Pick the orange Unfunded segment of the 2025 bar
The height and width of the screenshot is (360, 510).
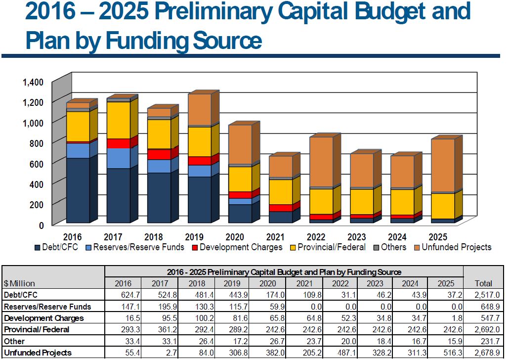click(x=442, y=165)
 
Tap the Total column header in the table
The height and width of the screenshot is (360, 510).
click(x=483, y=283)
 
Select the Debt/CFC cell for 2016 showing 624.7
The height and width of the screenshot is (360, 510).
click(x=123, y=295)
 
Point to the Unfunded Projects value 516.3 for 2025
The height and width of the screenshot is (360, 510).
click(x=444, y=353)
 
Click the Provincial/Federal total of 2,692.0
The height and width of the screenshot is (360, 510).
click(x=483, y=329)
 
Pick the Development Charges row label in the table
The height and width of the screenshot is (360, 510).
click(x=43, y=318)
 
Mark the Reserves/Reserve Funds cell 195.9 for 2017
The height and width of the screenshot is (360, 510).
click(x=159, y=307)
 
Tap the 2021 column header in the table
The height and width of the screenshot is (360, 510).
click(x=304, y=283)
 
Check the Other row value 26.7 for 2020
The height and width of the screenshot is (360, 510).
click(x=269, y=341)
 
